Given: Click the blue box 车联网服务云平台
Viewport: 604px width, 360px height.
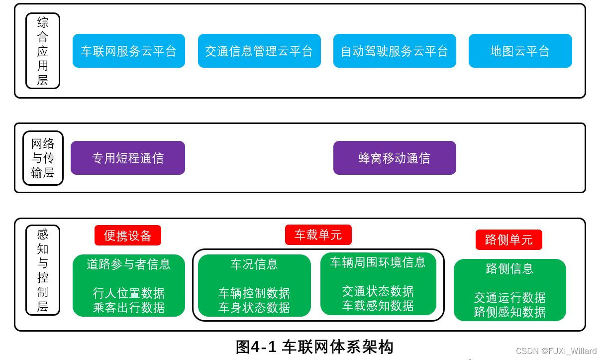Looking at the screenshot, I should click(x=129, y=51).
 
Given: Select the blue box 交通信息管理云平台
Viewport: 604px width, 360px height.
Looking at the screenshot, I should click(x=259, y=51).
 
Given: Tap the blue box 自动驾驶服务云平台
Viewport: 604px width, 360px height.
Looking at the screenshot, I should click(x=395, y=51).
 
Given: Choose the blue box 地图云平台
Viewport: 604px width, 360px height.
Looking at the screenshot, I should click(x=520, y=51).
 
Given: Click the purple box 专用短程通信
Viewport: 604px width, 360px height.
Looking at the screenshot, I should click(x=128, y=158).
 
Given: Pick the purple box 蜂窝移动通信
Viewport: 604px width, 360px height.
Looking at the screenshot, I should click(x=395, y=158).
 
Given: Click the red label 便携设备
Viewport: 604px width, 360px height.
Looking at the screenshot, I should click(x=128, y=236).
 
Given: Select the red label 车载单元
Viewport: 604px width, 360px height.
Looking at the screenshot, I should click(x=318, y=235).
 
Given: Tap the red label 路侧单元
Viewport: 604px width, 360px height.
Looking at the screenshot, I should click(x=508, y=240).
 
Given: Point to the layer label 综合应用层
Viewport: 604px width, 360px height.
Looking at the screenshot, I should click(x=43, y=51).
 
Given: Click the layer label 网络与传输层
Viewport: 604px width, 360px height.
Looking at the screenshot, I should click(x=43, y=158).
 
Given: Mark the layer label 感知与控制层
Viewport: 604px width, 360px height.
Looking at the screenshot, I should click(x=43, y=270).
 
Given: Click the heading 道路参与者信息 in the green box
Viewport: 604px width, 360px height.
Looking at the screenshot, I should click(x=129, y=264).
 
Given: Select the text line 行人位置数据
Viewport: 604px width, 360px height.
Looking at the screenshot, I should click(x=129, y=293).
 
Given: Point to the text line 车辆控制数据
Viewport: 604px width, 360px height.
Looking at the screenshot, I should click(x=254, y=293).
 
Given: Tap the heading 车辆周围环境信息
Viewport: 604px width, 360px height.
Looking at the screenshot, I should click(x=378, y=262).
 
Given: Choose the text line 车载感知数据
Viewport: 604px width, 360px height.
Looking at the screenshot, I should click(x=378, y=305).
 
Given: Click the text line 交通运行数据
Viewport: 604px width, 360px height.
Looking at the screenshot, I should click(x=510, y=297).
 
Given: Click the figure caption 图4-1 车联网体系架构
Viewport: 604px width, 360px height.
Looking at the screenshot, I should click(x=314, y=347).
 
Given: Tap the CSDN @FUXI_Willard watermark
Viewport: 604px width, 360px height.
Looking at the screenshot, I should click(x=556, y=351).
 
